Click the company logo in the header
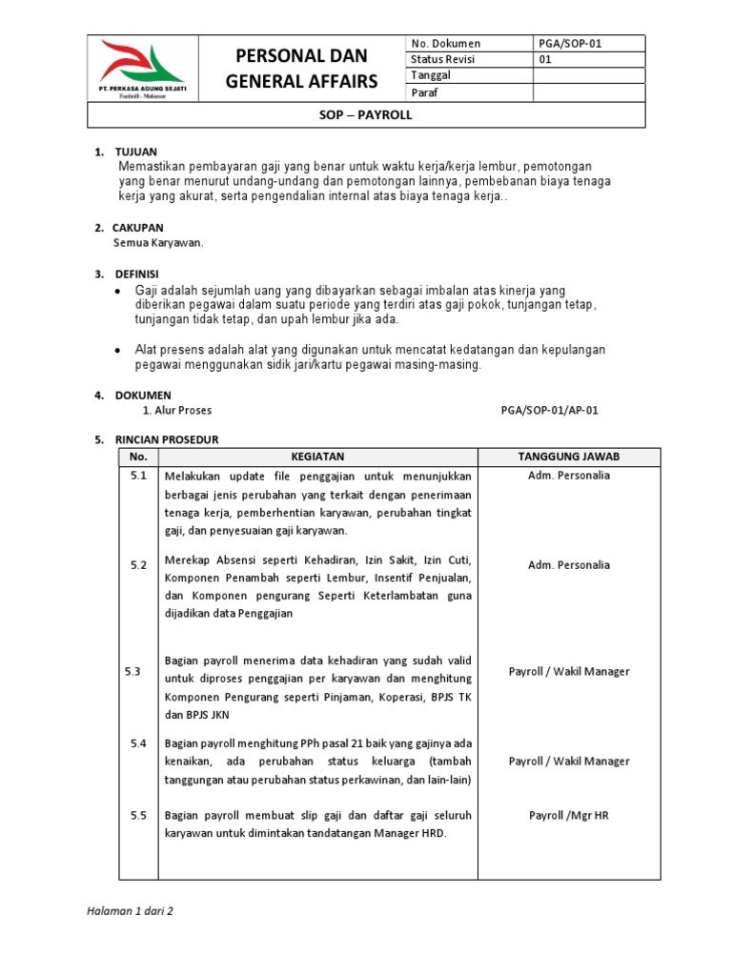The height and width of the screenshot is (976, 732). point(143,74)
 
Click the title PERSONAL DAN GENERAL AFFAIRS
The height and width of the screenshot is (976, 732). point(301,68)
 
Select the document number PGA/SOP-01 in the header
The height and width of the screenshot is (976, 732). point(571,44)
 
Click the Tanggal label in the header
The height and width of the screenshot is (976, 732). point(430,75)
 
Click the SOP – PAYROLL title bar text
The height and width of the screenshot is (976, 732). point(366,115)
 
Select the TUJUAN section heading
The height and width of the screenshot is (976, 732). point(135,152)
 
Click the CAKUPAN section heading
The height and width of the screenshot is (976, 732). point(138,228)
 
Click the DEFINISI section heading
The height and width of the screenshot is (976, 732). point(137,274)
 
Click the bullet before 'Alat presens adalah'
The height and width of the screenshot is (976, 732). point(116,351)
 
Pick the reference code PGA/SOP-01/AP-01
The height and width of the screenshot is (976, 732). point(550,411)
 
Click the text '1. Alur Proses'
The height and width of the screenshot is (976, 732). point(177,411)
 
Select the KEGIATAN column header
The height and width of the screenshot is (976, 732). point(317,457)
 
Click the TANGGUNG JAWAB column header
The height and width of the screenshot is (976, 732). point(569,457)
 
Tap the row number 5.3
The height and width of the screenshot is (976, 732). point(132,672)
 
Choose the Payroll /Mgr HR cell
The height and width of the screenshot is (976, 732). point(569,816)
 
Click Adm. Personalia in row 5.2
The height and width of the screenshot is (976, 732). point(569,565)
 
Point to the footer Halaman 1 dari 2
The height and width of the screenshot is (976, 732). point(130,910)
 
